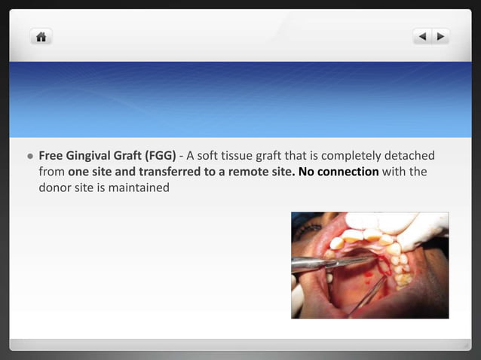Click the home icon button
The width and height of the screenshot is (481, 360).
[41, 36]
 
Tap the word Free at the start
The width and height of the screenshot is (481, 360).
[51, 156]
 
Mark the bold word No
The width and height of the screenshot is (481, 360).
[306, 172]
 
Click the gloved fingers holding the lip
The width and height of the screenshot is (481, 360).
[418, 230]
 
